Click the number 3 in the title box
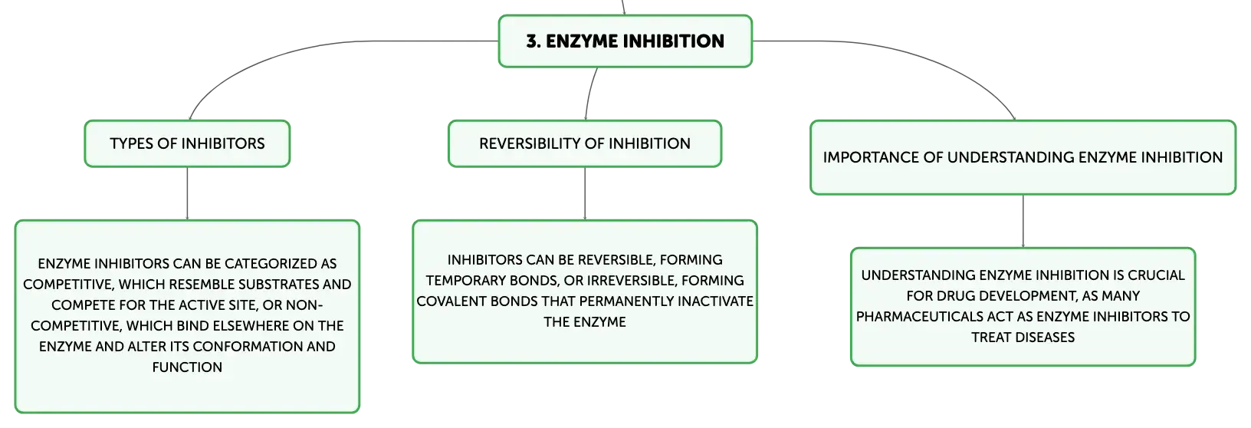point(532,41)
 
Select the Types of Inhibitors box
point(187,143)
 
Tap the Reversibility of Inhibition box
point(585,143)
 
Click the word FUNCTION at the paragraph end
point(187,367)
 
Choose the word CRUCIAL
point(1156,275)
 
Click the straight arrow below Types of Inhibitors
point(187,193)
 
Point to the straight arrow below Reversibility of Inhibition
point(585,193)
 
